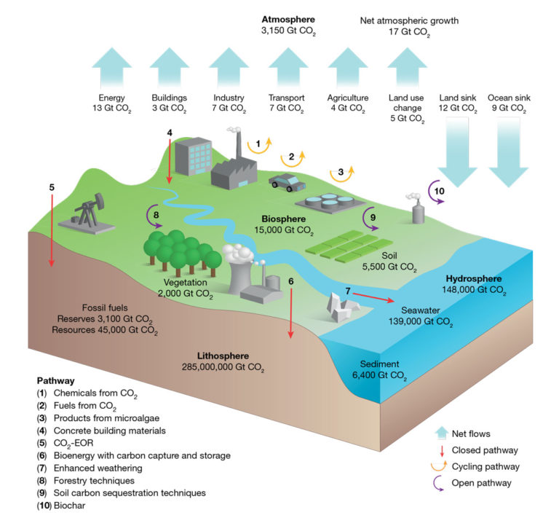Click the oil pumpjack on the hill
click(x=87, y=216)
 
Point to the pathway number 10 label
click(x=438, y=191)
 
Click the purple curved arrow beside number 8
click(x=154, y=216)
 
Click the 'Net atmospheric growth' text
click(x=409, y=20)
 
